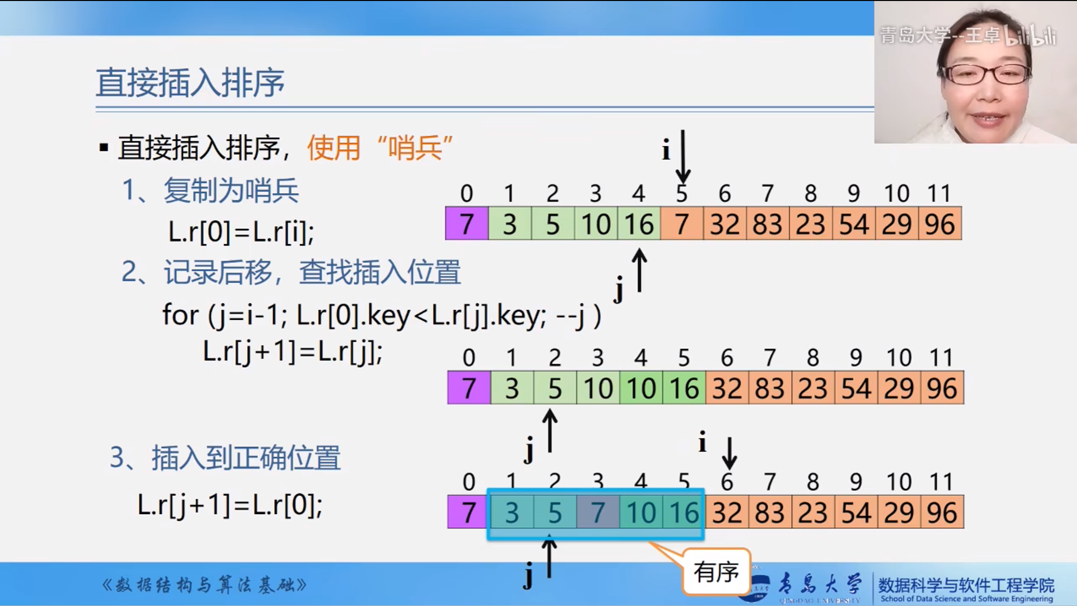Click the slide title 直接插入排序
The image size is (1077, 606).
coord(190,83)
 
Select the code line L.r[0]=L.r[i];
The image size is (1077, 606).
coord(241,231)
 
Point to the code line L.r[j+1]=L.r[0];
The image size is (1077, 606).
coord(230,505)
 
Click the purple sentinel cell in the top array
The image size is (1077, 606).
coord(467,224)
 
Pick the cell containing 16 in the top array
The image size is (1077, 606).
coord(639,224)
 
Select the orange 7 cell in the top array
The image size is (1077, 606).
coord(682,224)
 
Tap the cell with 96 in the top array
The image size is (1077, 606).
coord(940,224)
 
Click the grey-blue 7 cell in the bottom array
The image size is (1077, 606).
coord(598,512)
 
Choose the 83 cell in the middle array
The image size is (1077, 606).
coord(770,388)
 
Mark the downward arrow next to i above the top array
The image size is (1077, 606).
coord(683,157)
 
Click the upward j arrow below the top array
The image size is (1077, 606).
coord(639,270)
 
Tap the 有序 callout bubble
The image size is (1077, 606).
coord(716,572)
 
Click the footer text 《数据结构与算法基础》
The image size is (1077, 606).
coord(204,585)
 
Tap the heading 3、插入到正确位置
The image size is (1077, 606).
coord(225,458)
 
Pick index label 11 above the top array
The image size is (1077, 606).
coord(940,193)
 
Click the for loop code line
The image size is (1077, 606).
coord(382,315)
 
